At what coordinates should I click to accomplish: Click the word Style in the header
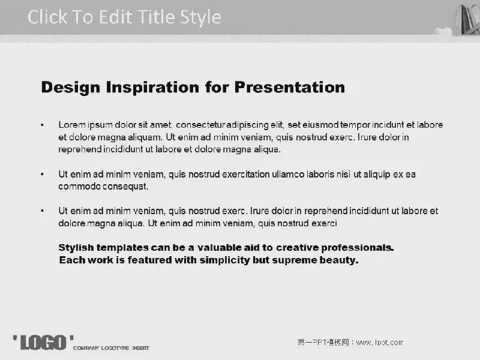click(x=200, y=17)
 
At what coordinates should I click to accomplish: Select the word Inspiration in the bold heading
click(x=152, y=88)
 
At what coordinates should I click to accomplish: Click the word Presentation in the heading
click(x=290, y=87)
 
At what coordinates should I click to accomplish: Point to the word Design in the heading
click(x=71, y=88)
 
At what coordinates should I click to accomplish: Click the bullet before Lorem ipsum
click(x=42, y=125)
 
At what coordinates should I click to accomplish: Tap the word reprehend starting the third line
click(x=80, y=149)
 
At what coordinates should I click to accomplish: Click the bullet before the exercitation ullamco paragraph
click(x=42, y=175)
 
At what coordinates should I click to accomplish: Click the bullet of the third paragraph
click(x=42, y=211)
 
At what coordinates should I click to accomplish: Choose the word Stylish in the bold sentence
click(x=77, y=248)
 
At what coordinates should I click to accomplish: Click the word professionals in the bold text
click(x=357, y=248)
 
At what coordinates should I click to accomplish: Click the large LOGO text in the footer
click(x=43, y=343)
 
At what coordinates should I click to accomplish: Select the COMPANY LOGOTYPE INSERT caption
click(x=111, y=349)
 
